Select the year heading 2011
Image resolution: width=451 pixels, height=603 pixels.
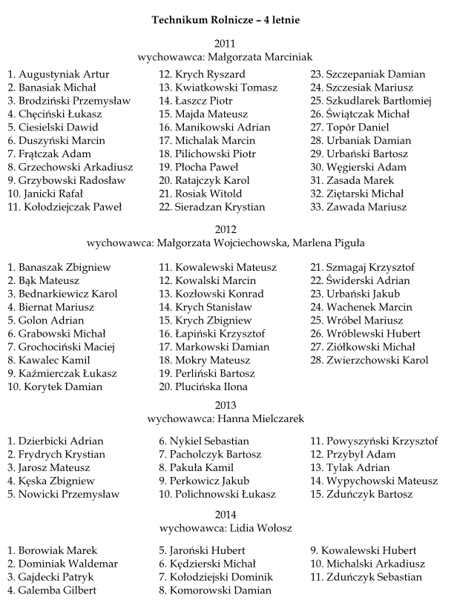pos(225,42)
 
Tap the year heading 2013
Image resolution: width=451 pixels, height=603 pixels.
pos(225,405)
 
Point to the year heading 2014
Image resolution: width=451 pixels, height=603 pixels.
pos(225,514)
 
